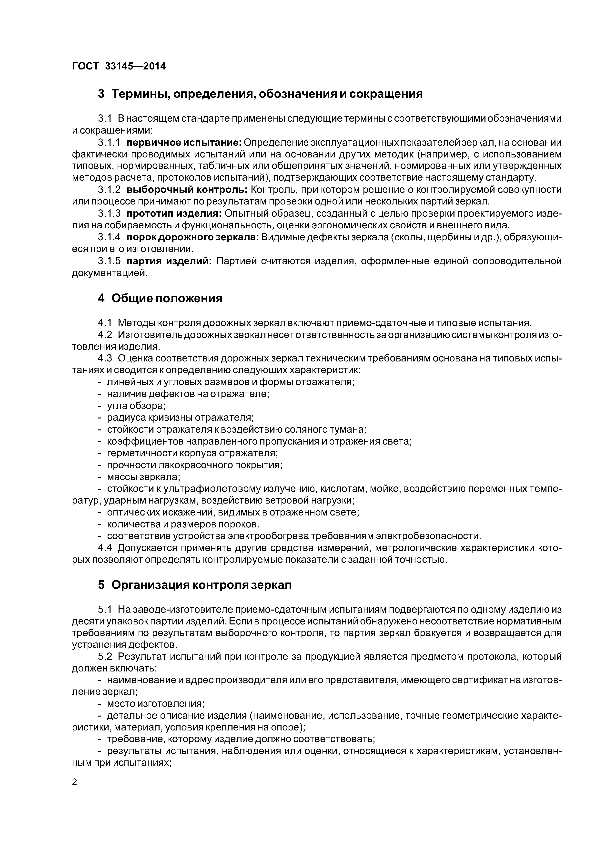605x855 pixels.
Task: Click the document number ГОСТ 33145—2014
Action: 119,66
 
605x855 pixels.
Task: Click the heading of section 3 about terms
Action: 260,94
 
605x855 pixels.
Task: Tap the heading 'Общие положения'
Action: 160,298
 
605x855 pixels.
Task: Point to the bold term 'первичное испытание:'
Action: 184,143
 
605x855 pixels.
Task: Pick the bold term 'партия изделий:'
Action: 169,262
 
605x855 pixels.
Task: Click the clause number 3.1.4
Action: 109,238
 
